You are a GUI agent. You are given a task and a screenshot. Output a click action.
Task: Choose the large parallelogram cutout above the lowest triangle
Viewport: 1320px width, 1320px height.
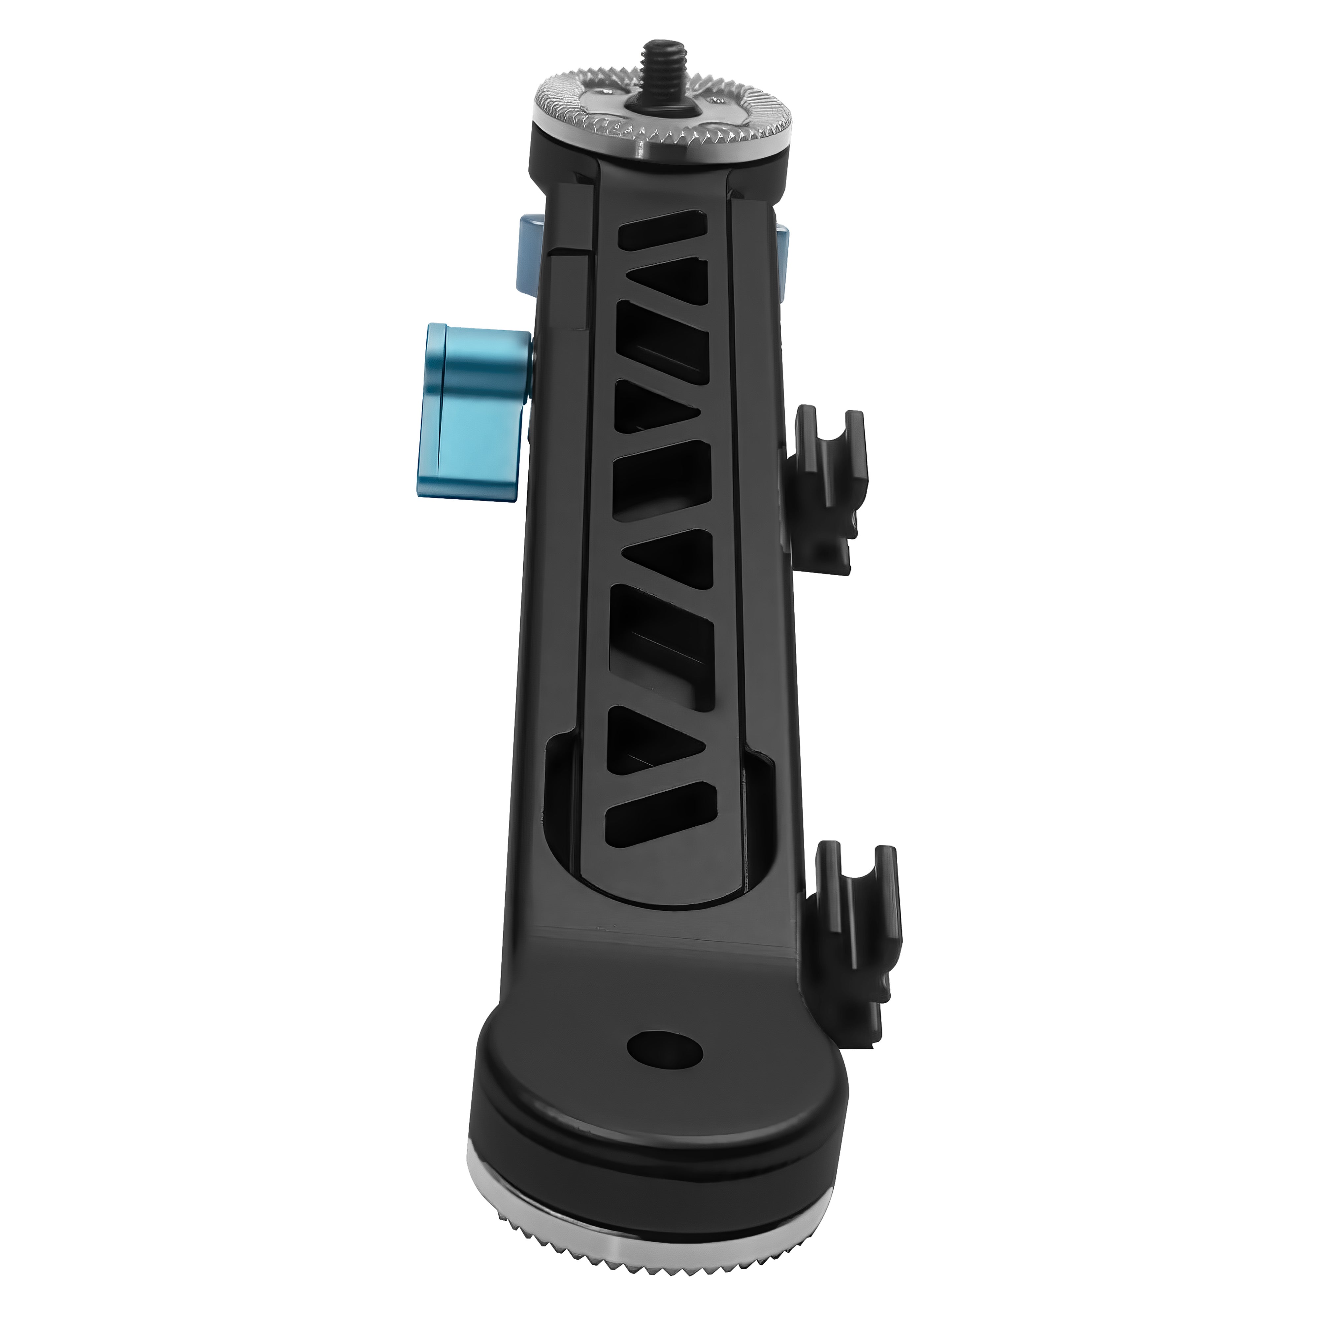pyautogui.click(x=659, y=635)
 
